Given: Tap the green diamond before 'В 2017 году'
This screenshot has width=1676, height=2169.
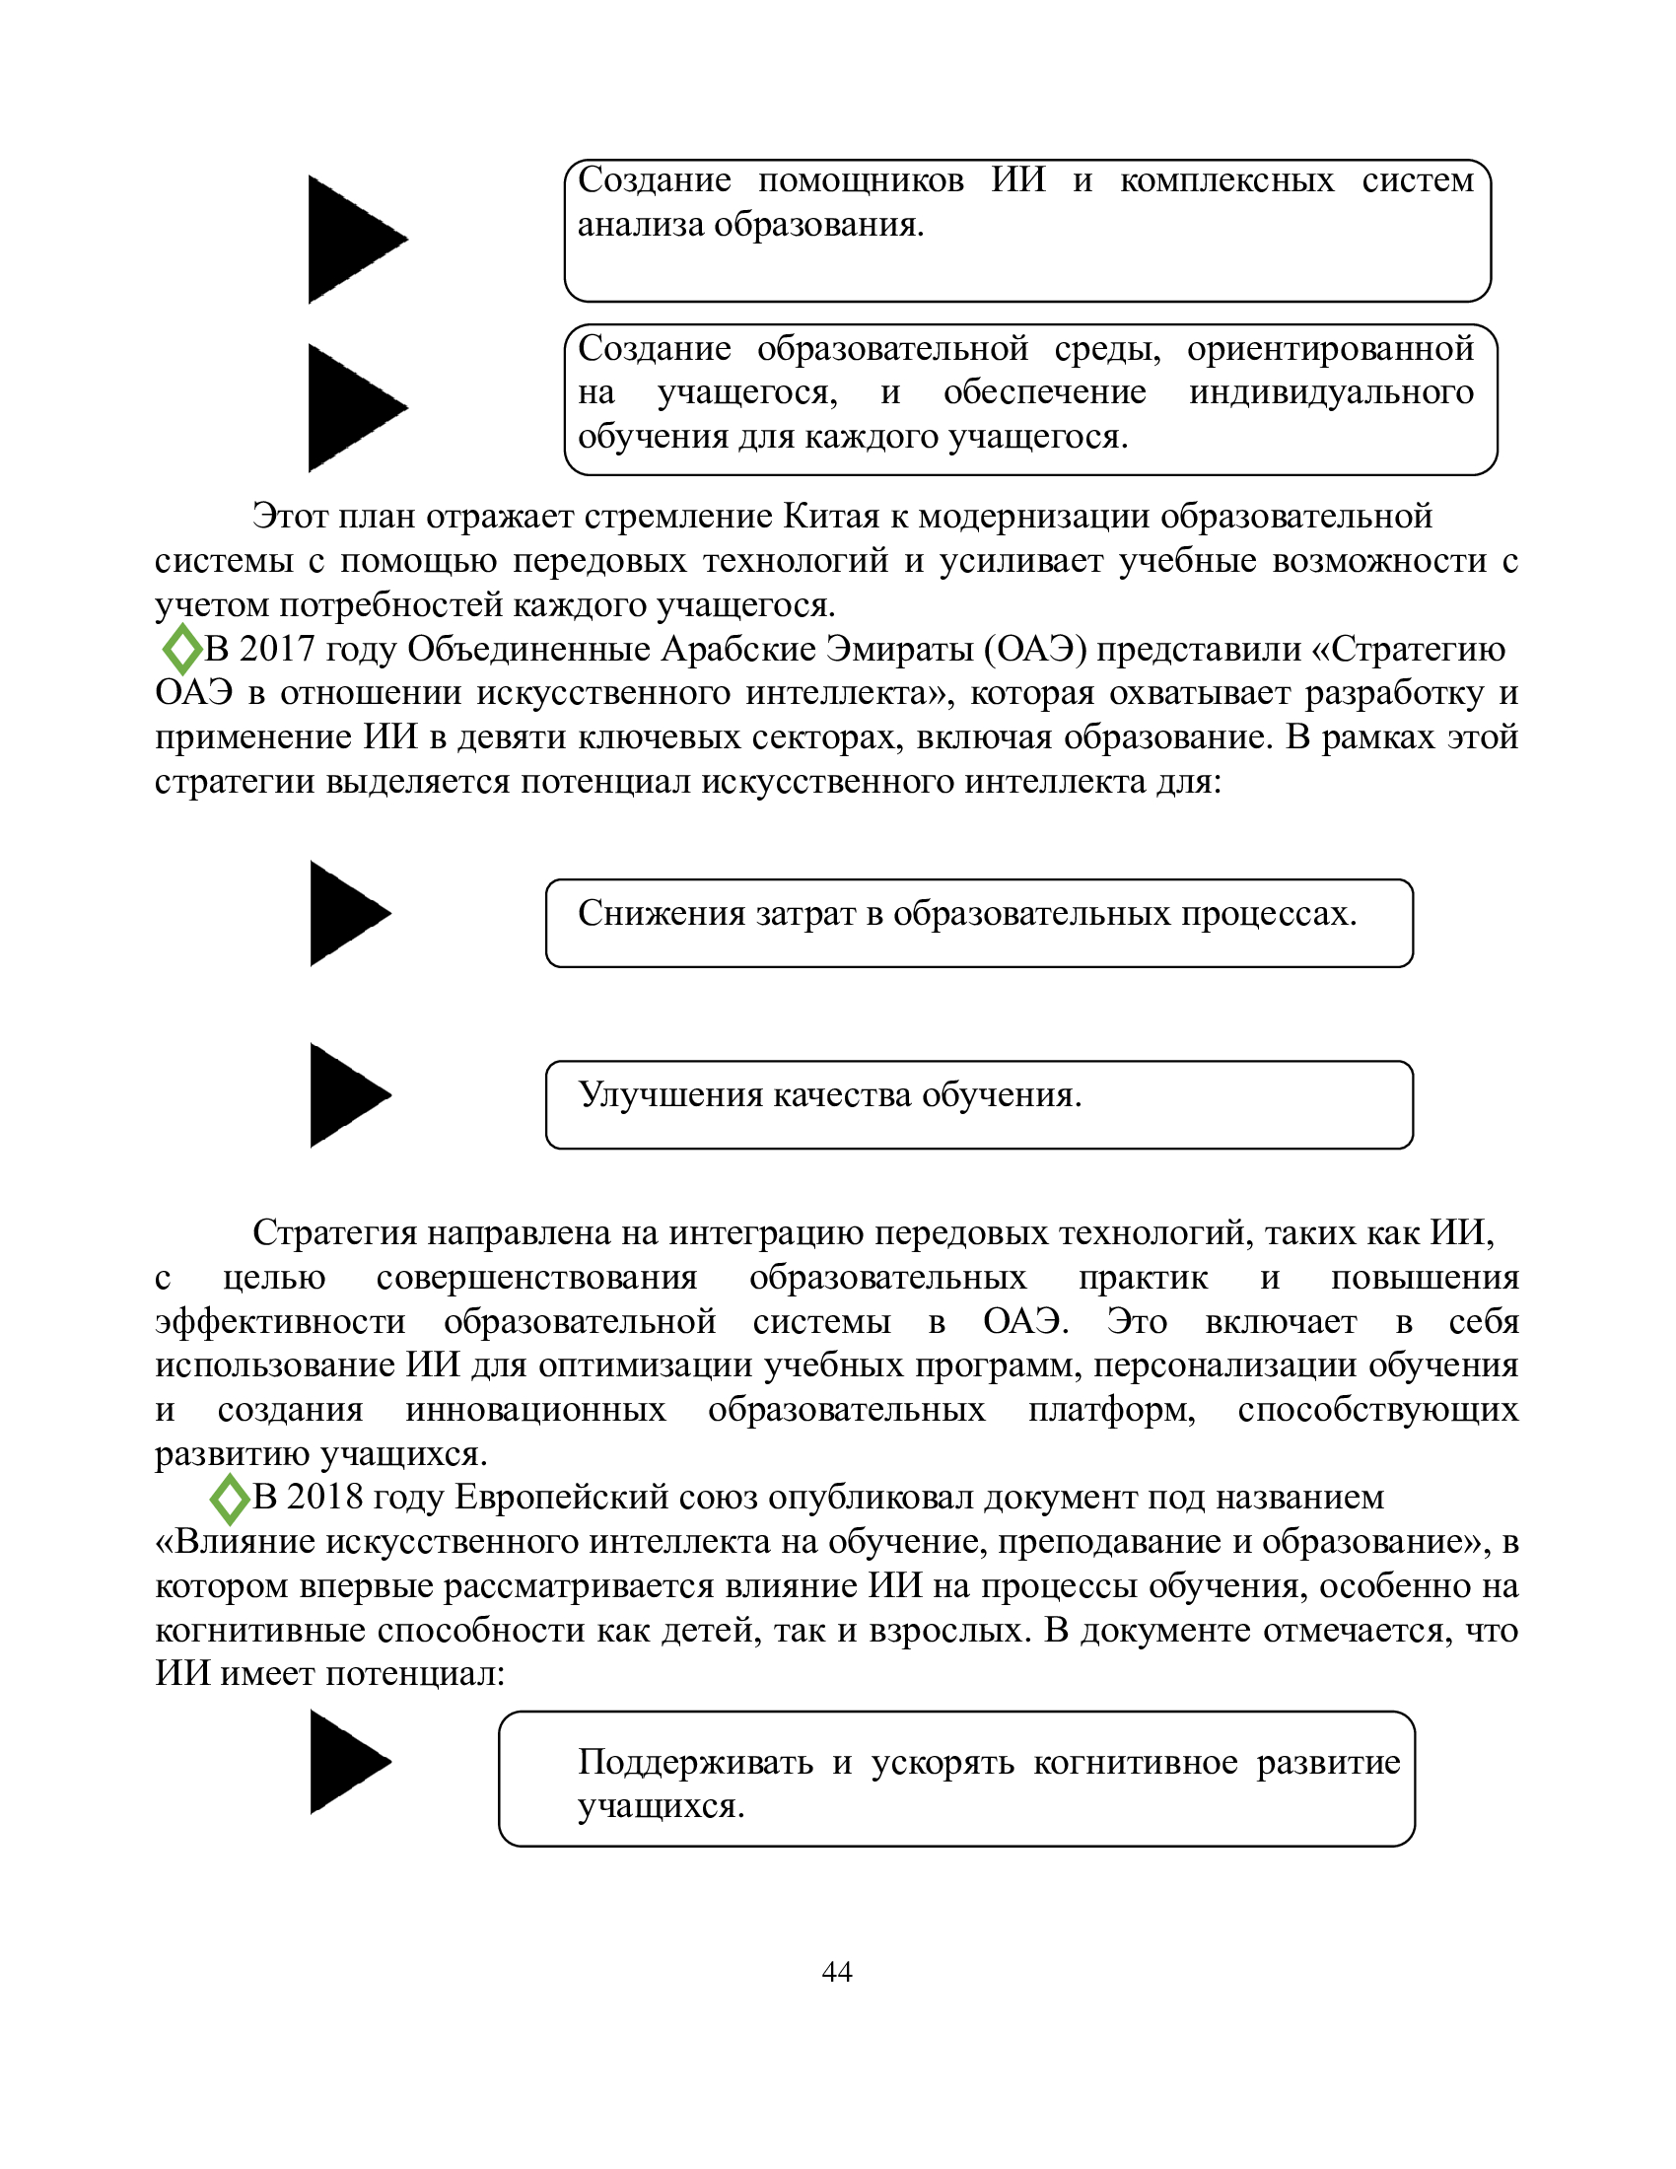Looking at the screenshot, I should click(181, 650).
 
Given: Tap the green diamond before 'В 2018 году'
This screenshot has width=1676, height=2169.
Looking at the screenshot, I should click(230, 1499).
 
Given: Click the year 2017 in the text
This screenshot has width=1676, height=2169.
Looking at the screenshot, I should click(276, 649).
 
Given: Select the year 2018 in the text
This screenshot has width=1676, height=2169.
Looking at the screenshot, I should click(323, 1497).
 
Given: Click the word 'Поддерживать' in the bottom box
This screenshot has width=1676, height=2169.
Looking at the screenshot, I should click(695, 1762).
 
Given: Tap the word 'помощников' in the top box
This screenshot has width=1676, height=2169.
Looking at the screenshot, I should click(860, 179).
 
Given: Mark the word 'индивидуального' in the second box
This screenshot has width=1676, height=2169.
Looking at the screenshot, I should click(1331, 392).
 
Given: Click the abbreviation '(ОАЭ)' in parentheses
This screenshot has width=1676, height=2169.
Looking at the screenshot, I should click(1034, 649).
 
